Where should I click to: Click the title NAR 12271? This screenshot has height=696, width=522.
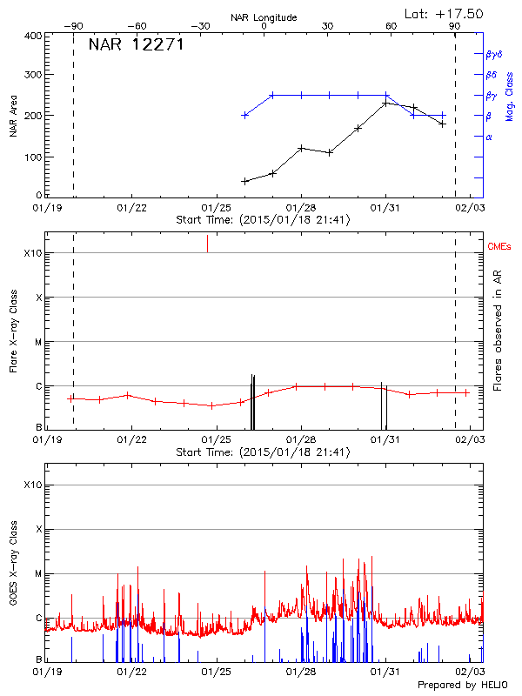point(136,44)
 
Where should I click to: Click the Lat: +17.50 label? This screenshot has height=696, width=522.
point(445,13)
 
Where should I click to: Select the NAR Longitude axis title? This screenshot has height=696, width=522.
point(264,17)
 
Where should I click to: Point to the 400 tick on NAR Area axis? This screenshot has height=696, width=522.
point(33,36)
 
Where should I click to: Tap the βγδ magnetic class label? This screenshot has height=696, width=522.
point(495,54)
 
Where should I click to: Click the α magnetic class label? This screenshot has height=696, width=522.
point(489,137)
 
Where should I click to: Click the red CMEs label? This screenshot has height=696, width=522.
point(500,247)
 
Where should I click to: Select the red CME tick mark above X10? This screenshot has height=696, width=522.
point(207,244)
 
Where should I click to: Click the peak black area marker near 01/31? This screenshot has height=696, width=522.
point(385,104)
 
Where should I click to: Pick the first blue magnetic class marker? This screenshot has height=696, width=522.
point(245,115)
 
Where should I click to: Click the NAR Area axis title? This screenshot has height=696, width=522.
point(13,117)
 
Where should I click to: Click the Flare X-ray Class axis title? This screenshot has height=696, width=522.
point(13,331)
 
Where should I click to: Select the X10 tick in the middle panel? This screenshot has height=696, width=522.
point(32,253)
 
